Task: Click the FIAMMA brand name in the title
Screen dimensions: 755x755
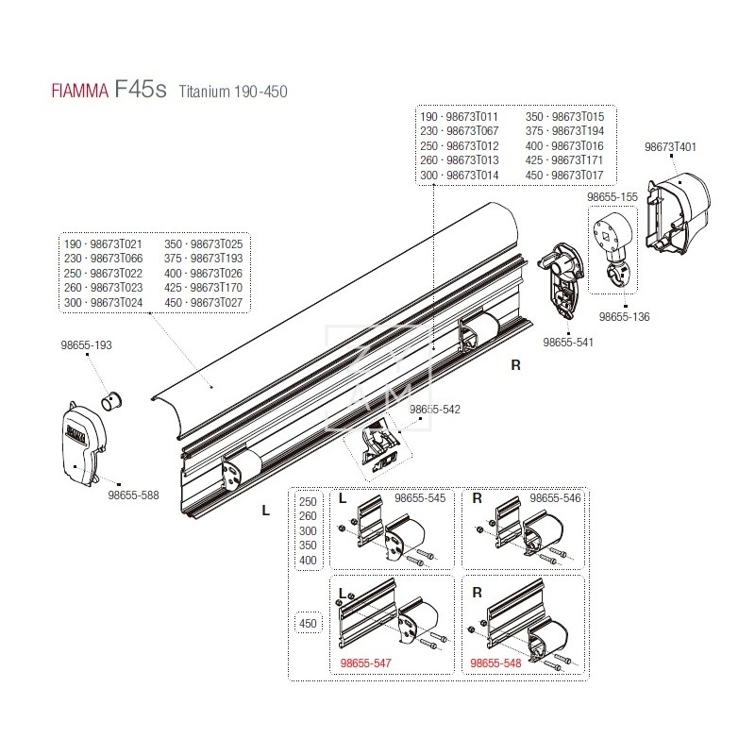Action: [76, 93]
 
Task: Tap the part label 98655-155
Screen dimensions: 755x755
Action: [612, 197]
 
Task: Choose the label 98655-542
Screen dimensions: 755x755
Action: [435, 411]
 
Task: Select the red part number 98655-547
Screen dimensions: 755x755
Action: [364, 663]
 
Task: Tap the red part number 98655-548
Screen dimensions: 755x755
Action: [496, 663]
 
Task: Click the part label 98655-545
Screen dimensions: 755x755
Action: [419, 497]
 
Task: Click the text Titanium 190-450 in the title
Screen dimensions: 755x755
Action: [233, 93]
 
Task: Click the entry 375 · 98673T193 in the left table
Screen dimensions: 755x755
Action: [203, 258]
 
